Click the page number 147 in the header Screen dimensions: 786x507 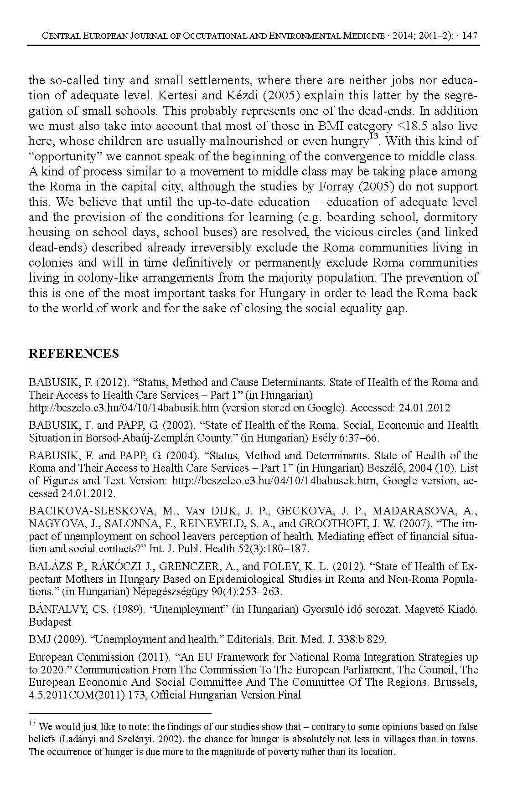click(470, 36)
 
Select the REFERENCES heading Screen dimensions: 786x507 click(73, 354)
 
